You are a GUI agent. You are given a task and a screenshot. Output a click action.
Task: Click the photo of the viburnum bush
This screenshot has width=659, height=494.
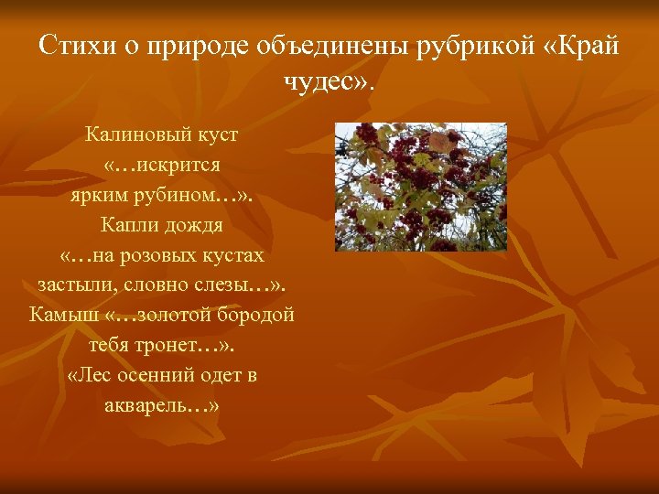coord(420,187)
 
